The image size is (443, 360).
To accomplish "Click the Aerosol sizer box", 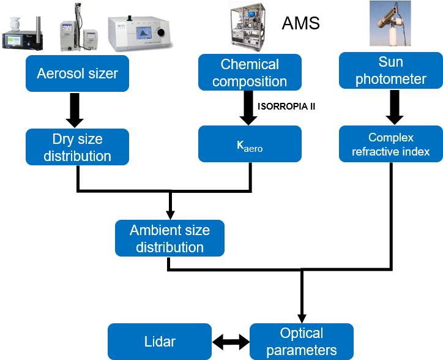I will pyautogui.click(x=77, y=73).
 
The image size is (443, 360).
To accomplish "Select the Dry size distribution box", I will pyautogui.click(x=77, y=147).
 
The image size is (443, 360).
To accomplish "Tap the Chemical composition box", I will pyautogui.click(x=250, y=72).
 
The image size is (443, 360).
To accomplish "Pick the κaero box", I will pyautogui.click(x=250, y=144).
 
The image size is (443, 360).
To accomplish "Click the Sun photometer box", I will pyautogui.click(x=391, y=70).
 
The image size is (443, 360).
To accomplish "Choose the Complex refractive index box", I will pyautogui.click(x=391, y=144).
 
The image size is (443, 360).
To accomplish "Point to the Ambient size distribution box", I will pyautogui.click(x=169, y=238).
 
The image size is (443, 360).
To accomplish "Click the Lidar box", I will pyautogui.click(x=159, y=342).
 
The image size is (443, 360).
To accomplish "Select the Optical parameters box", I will pyautogui.click(x=301, y=342).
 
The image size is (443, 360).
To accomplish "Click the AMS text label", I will pyautogui.click(x=301, y=24).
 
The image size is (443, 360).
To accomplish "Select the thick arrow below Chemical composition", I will pyautogui.click(x=250, y=107).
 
